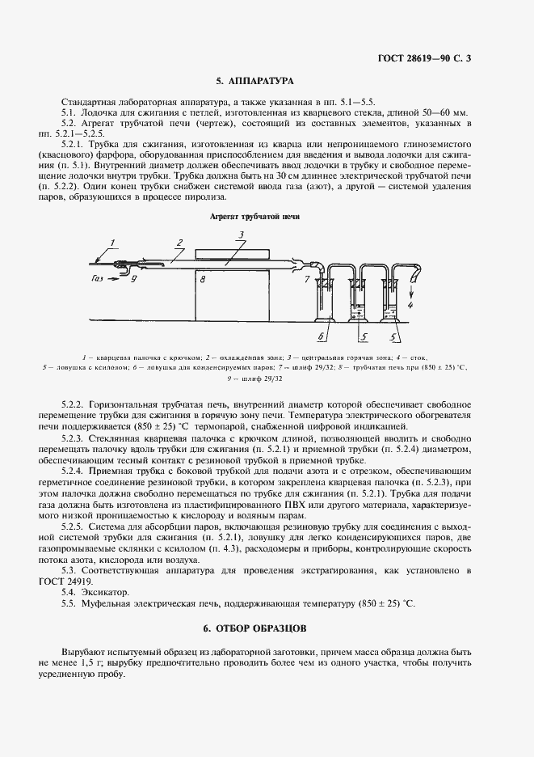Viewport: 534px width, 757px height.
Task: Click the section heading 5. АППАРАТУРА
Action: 254,82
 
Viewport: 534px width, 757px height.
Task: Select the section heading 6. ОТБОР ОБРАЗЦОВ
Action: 254,628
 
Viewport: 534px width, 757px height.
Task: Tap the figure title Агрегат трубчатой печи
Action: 254,217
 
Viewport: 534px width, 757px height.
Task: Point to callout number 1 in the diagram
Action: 114,242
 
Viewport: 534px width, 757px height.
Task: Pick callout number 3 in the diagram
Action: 240,235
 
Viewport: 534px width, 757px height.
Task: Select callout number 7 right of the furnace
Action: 306,279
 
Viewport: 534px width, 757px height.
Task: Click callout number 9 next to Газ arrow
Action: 134,279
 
